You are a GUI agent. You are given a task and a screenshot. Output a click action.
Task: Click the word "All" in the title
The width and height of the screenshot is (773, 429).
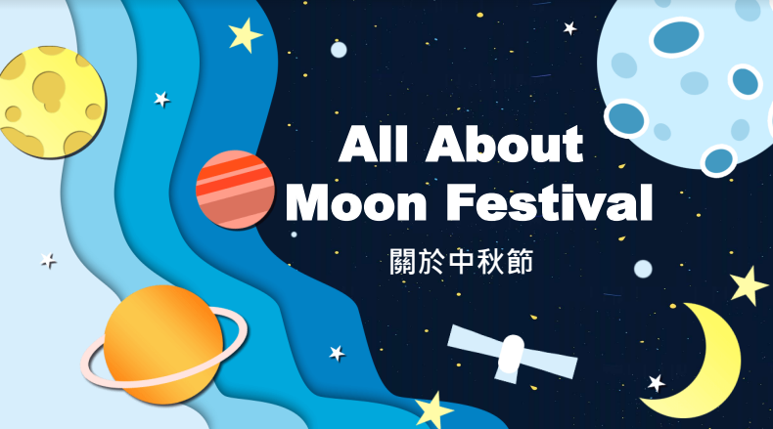pos(373,144)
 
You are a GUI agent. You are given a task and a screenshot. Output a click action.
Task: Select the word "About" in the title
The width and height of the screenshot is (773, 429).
pos(504,144)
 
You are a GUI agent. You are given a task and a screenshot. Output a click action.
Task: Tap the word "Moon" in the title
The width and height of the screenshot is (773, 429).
pos(356,202)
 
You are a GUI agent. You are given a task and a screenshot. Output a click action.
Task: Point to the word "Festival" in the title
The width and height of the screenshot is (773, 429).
pos(550,202)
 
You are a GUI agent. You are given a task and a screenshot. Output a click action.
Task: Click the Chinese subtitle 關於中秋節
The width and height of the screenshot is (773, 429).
pos(462,261)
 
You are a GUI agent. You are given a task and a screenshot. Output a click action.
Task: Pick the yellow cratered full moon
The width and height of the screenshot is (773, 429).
pos(52,102)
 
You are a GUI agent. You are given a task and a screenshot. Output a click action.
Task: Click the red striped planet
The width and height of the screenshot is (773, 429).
pos(235,190)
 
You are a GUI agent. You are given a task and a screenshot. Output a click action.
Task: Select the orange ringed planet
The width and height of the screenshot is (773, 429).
pos(163,344)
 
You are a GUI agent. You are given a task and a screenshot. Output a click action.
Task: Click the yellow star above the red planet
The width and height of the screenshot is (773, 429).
pos(245,35)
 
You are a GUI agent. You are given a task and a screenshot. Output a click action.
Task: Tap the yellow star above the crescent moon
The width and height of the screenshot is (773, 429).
pos(749,285)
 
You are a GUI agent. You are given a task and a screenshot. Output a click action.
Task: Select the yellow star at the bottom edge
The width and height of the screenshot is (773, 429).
pos(433,410)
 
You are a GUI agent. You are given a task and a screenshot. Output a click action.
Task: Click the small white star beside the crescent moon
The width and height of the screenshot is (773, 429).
pos(657,383)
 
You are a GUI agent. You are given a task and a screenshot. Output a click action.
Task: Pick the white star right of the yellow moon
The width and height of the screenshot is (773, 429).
pos(161,99)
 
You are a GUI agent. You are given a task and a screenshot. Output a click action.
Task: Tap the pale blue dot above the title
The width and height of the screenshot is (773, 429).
pos(339,50)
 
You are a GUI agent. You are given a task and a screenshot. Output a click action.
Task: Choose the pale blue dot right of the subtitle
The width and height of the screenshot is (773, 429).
pos(643,269)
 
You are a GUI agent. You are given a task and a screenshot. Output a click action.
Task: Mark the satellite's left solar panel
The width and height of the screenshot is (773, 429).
pos(475,342)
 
